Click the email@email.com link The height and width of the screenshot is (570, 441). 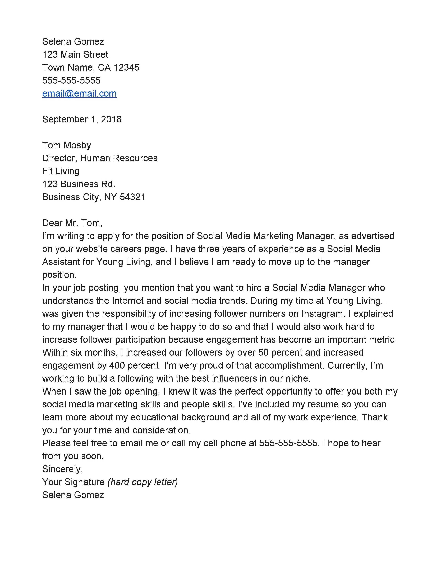pyautogui.click(x=79, y=93)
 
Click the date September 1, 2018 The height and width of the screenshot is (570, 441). pyautogui.click(x=82, y=119)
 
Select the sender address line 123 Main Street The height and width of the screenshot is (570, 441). pyautogui.click(x=75, y=55)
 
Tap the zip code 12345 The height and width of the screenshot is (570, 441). pyautogui.click(x=126, y=68)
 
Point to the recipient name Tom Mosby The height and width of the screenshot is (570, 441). pyautogui.click(x=67, y=145)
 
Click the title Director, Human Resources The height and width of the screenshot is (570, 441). pyautogui.click(x=100, y=158)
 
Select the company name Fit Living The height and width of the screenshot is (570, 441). pyautogui.click(x=61, y=171)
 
